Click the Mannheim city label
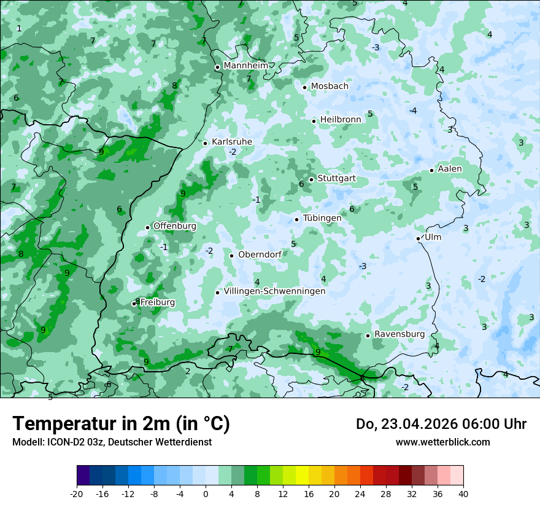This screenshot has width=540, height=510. pyautogui.click(x=245, y=66)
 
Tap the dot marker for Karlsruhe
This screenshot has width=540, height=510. pyautogui.click(x=206, y=143)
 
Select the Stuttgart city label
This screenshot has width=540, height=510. pyautogui.click(x=336, y=179)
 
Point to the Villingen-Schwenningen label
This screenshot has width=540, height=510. pyautogui.click(x=274, y=291)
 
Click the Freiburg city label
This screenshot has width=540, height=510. pyautogui.click(x=157, y=302)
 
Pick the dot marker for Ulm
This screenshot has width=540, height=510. pyautogui.click(x=418, y=238)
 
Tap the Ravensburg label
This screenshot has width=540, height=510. pyautogui.click(x=399, y=334)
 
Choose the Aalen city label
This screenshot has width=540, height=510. pyautogui.click(x=450, y=169)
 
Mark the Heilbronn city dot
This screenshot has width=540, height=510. pyautogui.click(x=314, y=121)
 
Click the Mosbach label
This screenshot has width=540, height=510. pyautogui.click(x=330, y=87)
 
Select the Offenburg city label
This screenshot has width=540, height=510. pyautogui.click(x=175, y=226)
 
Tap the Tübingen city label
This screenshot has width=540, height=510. pyautogui.click(x=322, y=218)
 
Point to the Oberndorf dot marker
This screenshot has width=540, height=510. pyautogui.click(x=231, y=256)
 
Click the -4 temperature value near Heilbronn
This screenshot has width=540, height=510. pyautogui.click(x=413, y=111)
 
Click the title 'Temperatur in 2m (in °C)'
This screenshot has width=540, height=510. pyautogui.click(x=121, y=423)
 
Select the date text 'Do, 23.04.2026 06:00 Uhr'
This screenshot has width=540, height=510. pyautogui.click(x=441, y=424)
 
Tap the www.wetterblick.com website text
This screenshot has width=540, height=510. pyautogui.click(x=442, y=442)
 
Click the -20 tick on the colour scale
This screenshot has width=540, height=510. pyautogui.click(x=77, y=493)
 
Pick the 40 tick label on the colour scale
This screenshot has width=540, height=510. pyautogui.click(x=463, y=493)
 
